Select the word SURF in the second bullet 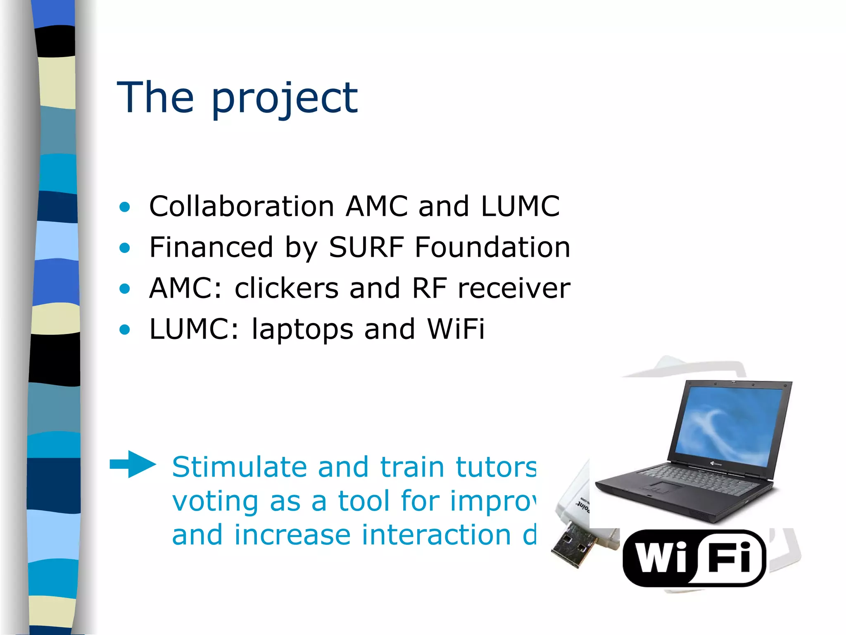[x=366, y=247]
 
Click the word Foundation [x=492, y=247]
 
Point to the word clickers [x=287, y=288]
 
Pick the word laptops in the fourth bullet [x=302, y=329]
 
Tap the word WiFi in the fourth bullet [x=456, y=329]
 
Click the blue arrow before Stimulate [x=133, y=464]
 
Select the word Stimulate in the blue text [x=239, y=467]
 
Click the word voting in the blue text [x=215, y=501]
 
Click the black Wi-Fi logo [x=694, y=558]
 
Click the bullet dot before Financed [x=124, y=248]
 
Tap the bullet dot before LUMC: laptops [x=124, y=329]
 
